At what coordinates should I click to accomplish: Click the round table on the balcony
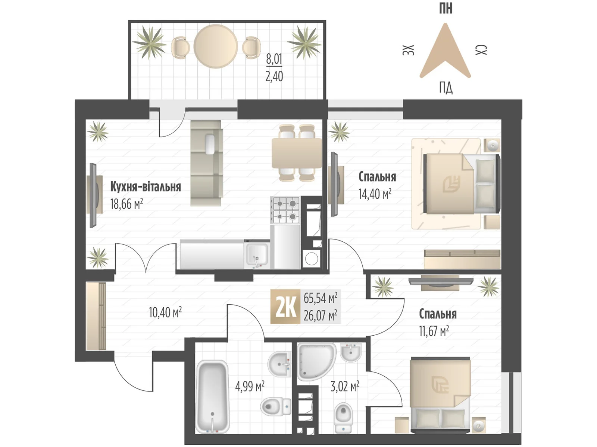click(215, 46)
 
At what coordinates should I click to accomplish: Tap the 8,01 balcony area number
click(274, 59)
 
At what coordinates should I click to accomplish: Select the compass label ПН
click(446, 8)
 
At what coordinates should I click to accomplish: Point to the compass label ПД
click(446, 88)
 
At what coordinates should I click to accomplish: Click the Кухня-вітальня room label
click(146, 187)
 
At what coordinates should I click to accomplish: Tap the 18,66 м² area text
click(126, 204)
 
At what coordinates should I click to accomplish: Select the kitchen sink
click(257, 254)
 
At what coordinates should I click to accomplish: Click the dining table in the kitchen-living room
click(297, 153)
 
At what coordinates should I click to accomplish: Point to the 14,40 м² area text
click(375, 194)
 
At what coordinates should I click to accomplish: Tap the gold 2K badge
click(285, 307)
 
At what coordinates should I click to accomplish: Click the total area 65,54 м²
click(320, 298)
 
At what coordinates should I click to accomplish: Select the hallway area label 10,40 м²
click(165, 312)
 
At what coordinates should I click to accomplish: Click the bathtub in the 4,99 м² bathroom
click(212, 396)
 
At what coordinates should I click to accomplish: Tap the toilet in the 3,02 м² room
click(343, 417)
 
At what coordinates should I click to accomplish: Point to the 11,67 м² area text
click(434, 331)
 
